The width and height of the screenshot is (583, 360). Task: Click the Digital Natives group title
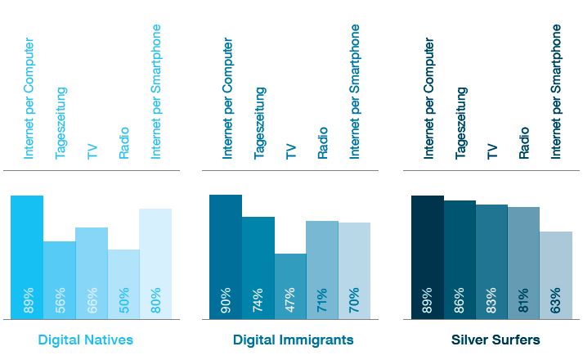[85, 340]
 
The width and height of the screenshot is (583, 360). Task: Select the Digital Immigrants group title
[293, 340]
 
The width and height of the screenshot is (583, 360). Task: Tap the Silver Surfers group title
[496, 340]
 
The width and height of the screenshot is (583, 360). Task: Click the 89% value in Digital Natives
[28, 301]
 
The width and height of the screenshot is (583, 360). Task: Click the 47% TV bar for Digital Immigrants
[290, 286]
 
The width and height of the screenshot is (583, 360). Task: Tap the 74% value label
[258, 301]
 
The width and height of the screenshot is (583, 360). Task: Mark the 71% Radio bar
[322, 270]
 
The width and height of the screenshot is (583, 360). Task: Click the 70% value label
[355, 301]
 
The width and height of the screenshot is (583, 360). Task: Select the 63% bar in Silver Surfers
[556, 275]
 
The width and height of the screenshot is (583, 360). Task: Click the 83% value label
[492, 301]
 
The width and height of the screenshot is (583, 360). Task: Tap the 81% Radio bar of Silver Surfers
[524, 263]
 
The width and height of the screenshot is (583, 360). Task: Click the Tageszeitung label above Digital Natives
[61, 123]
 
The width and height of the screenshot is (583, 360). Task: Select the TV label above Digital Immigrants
[290, 151]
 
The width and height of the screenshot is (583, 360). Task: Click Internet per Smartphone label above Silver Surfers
[556, 91]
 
